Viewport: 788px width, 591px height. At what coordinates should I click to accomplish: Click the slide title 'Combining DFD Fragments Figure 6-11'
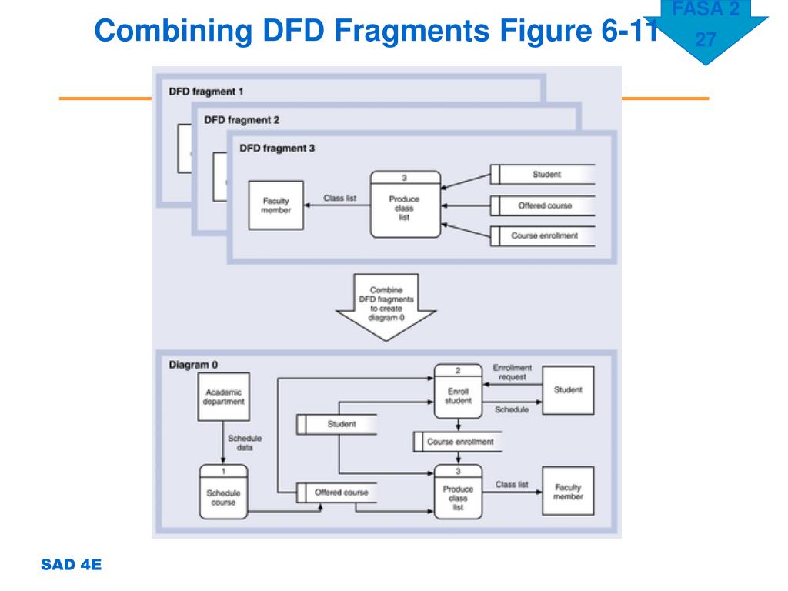(x=376, y=30)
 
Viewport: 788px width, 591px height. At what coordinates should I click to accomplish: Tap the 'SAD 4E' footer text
(x=71, y=564)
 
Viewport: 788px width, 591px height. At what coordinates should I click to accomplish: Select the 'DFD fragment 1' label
(x=206, y=92)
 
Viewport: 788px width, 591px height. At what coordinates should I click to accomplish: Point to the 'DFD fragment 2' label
(x=242, y=119)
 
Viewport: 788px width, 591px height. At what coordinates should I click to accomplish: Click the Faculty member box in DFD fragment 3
(x=276, y=205)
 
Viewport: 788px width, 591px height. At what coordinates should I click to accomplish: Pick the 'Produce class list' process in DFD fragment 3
(x=405, y=204)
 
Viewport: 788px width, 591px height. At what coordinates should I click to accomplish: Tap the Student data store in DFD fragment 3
(x=543, y=175)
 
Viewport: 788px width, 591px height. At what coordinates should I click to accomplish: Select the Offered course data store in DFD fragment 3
(x=543, y=205)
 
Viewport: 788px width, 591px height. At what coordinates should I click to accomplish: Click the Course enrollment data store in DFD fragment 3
(x=543, y=235)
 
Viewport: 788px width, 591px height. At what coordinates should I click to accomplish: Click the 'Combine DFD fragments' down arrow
(x=386, y=306)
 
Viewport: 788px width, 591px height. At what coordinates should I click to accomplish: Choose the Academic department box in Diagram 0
(x=224, y=396)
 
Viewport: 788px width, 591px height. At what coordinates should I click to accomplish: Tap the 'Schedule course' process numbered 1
(x=224, y=492)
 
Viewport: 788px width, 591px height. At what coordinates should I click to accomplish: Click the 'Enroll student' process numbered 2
(x=458, y=391)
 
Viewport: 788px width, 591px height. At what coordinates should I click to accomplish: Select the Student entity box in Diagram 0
(x=568, y=390)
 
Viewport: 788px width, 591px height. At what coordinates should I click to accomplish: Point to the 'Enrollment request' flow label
(x=512, y=372)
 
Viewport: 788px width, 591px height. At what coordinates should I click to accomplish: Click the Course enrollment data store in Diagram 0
(x=457, y=442)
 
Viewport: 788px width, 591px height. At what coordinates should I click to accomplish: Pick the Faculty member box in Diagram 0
(x=568, y=491)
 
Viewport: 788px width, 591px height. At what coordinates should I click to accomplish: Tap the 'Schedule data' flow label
(x=245, y=442)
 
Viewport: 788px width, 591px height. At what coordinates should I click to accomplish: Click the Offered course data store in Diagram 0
(x=337, y=492)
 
